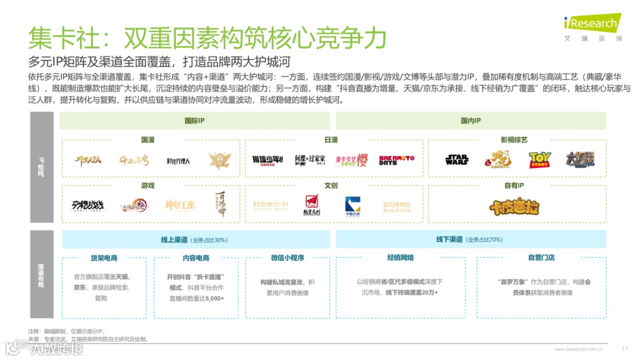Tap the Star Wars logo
[x=457, y=159]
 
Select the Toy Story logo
[x=540, y=160]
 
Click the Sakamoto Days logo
[x=396, y=159]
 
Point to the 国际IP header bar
[x=195, y=120]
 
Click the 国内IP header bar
[x=471, y=120]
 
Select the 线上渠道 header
[x=196, y=240]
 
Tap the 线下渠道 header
[x=471, y=240]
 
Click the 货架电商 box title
[x=104, y=258]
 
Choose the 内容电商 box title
[x=196, y=258]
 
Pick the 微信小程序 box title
[x=288, y=258]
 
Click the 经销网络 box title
[x=401, y=258]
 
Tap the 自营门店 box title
[x=541, y=258]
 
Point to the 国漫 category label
[x=148, y=140]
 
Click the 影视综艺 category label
[x=514, y=140]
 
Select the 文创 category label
[x=331, y=185]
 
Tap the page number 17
[x=624, y=349]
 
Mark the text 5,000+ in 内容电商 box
[x=213, y=298]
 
